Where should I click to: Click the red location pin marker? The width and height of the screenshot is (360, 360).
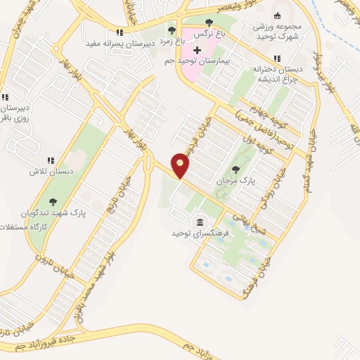[x=181, y=166]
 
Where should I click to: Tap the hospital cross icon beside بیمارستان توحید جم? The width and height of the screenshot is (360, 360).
[x=197, y=51]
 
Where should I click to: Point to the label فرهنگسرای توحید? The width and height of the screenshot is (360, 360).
[x=200, y=232]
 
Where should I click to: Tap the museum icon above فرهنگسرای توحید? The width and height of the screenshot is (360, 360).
[x=200, y=221]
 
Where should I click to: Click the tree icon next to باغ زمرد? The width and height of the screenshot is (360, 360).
[x=171, y=30]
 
